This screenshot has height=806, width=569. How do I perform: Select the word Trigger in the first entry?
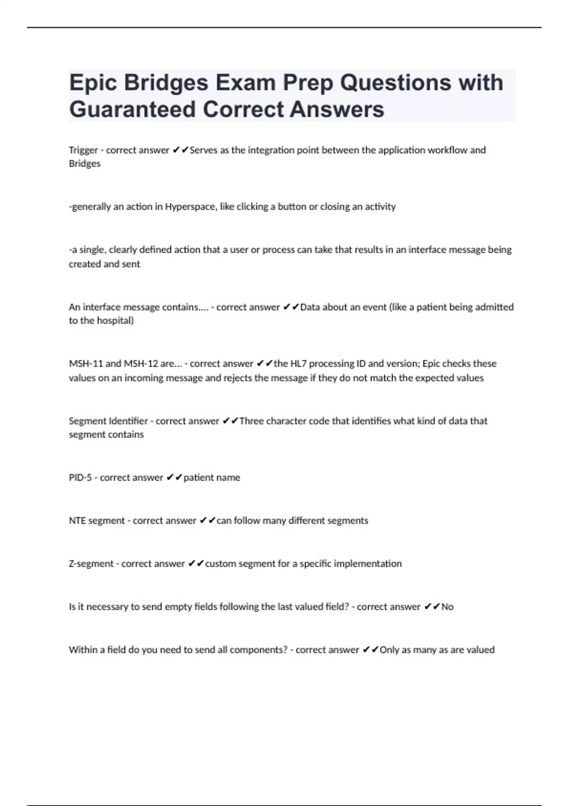click(83, 150)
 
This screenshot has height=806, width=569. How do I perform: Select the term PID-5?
click(80, 477)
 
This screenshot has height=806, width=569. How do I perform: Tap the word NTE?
click(77, 521)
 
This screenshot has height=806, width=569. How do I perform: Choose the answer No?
click(447, 607)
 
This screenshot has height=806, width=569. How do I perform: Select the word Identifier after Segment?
click(128, 421)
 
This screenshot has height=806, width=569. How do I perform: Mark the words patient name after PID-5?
click(211, 477)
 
